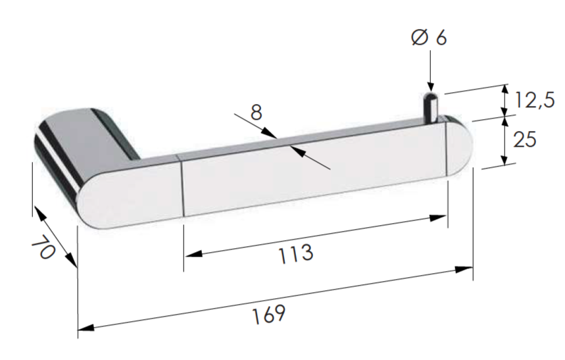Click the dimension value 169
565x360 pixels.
point(269,314)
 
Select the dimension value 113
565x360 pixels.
point(296,253)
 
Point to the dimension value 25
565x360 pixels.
point(525,140)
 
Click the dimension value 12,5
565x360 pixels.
point(535,100)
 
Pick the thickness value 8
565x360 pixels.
point(257,113)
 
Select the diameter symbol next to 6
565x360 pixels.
point(420,37)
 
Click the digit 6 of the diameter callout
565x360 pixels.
point(441,38)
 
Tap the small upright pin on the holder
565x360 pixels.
point(430,106)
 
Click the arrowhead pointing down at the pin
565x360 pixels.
point(430,85)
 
